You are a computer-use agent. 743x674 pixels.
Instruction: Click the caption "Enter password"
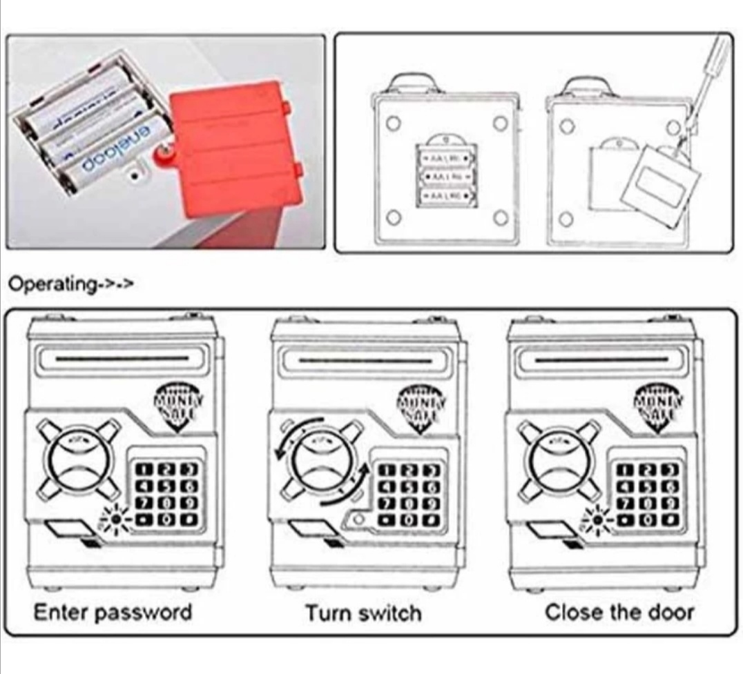pos(113,612)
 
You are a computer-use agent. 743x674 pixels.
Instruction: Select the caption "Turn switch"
pos(363,613)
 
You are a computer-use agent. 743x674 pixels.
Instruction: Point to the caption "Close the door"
pos(619,612)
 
